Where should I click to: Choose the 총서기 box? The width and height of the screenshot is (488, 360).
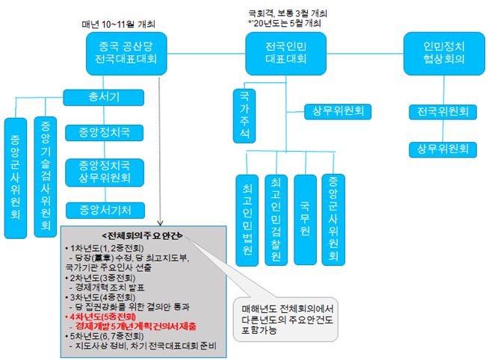100,98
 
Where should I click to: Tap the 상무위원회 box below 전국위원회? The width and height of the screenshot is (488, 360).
442,149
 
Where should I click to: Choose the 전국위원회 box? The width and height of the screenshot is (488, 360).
442,112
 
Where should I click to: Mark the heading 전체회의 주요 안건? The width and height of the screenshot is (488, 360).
123,235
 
